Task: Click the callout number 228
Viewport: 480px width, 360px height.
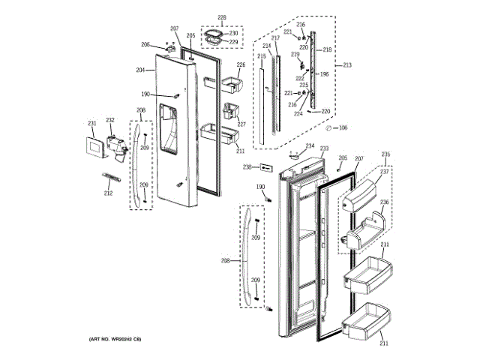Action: pyautogui.click(x=222, y=17)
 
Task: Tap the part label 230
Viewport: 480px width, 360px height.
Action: pyautogui.click(x=233, y=34)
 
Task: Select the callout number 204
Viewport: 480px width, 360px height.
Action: pyautogui.click(x=140, y=70)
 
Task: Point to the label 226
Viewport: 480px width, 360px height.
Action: pyautogui.click(x=241, y=65)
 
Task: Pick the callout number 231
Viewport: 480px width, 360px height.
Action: pyautogui.click(x=92, y=124)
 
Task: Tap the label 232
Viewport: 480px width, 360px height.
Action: pyautogui.click(x=110, y=120)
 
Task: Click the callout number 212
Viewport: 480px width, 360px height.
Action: pyautogui.click(x=108, y=193)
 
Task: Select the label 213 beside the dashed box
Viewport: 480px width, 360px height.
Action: pyautogui.click(x=346, y=66)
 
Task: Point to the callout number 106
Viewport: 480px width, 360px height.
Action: pyautogui.click(x=343, y=127)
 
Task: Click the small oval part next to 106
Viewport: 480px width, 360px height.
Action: pyautogui.click(x=328, y=128)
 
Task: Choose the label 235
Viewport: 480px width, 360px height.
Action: pyautogui.click(x=385, y=155)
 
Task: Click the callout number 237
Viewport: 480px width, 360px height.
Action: pyautogui.click(x=384, y=172)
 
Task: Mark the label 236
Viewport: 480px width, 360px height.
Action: pyautogui.click(x=384, y=202)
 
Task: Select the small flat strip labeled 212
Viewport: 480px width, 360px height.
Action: pyautogui.click(x=112, y=179)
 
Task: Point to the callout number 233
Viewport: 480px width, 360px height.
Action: pyautogui.click(x=325, y=148)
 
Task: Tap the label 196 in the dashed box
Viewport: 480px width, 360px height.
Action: pyautogui.click(x=325, y=74)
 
